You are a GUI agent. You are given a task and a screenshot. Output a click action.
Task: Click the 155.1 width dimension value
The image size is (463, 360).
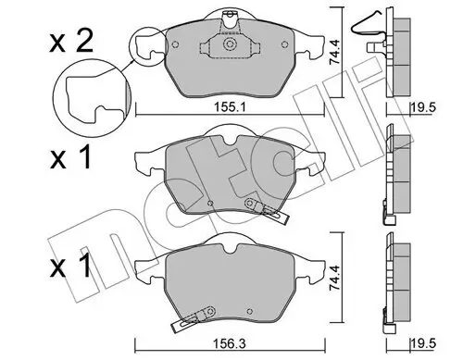tap(230, 108)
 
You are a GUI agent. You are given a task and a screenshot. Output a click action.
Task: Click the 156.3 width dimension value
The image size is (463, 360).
tap(230, 344)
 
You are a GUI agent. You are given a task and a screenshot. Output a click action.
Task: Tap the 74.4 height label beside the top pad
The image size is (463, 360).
tap(334, 52)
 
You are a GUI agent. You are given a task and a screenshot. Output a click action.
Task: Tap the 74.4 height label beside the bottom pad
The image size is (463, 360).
tap(334, 278)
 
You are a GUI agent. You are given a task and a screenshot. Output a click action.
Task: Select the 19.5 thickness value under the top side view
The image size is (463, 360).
tap(423, 108)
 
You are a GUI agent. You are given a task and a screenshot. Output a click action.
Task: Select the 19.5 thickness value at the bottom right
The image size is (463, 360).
tap(423, 344)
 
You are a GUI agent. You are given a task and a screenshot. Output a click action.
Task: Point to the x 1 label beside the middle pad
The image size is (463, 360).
tap(70, 157)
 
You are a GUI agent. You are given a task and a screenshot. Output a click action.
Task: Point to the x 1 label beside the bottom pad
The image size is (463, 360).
tap(70, 266)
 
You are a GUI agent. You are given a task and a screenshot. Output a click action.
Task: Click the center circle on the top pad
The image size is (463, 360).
tap(230, 43)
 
